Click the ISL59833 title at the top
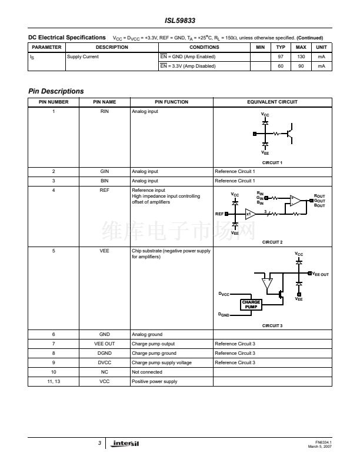coord(179,19)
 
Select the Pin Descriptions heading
coord(56,91)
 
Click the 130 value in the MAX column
coord(301,56)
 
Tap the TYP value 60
coord(281,66)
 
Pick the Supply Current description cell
coord(83,56)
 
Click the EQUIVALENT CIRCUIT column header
coord(272,102)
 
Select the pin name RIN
coord(105,111)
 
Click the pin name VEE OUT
coord(105,343)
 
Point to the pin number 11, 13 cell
coord(54,382)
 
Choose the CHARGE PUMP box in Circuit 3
coord(251,304)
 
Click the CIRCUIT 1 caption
coord(272,162)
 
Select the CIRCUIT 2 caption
coord(272,242)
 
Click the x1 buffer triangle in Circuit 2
coord(249,214)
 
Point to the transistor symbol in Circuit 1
coord(289,134)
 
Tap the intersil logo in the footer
coord(126,443)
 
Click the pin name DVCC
coord(105,362)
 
